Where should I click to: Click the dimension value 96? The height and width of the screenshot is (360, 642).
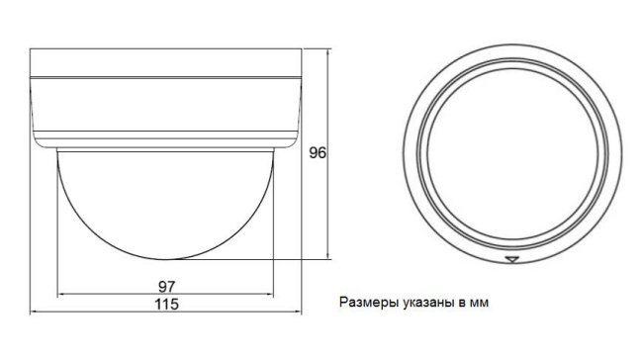(x=318, y=152)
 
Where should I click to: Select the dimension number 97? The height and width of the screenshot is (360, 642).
(x=166, y=286)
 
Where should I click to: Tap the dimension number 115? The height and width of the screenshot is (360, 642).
(x=166, y=305)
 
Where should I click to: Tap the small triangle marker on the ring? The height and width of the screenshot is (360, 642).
(x=511, y=259)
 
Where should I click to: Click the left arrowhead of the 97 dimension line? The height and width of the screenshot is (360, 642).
(x=60, y=294)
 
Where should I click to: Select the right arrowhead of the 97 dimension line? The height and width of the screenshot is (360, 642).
(x=270, y=294)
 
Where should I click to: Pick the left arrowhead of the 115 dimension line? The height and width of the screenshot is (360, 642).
(x=34, y=313)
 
